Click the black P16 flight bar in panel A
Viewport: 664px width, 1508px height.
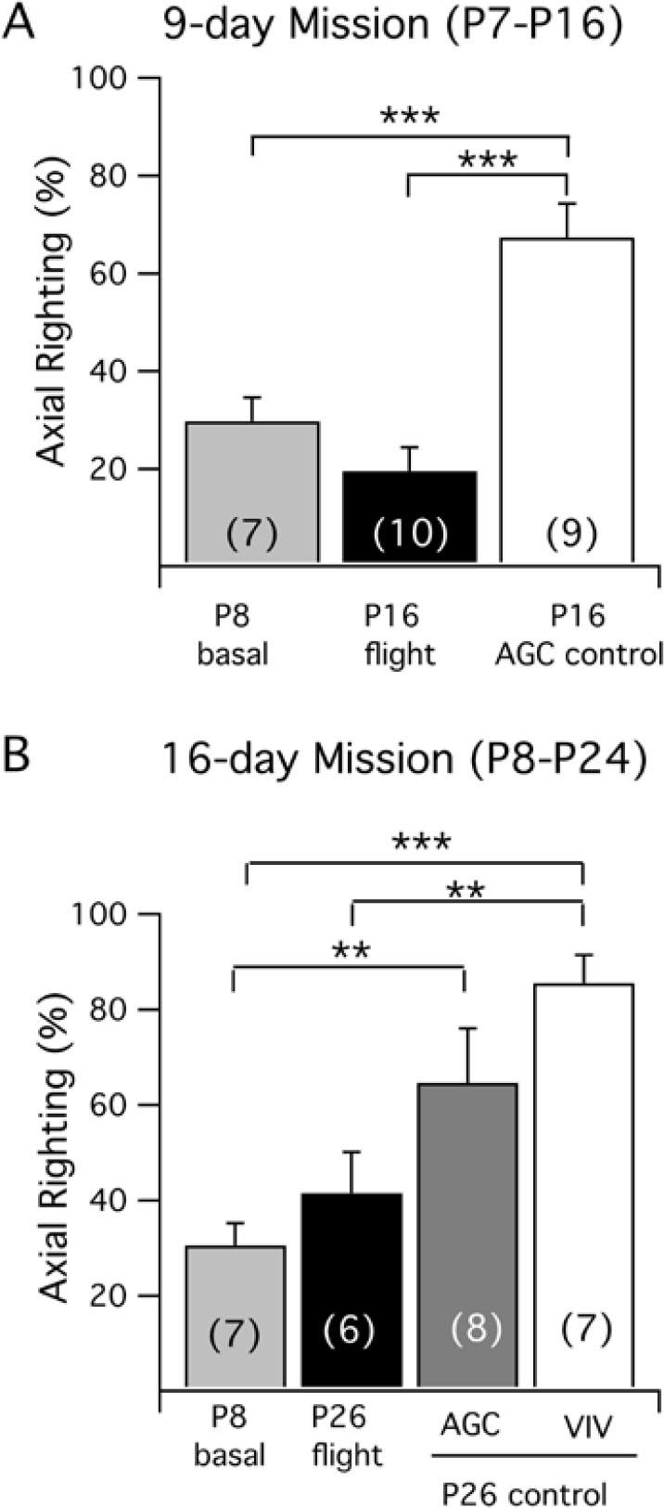click(410, 516)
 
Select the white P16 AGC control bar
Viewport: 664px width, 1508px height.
click(567, 400)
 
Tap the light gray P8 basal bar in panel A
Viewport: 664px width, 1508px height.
click(252, 492)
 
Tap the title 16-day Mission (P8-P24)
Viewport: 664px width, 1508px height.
click(404, 759)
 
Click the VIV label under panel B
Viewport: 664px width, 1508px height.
click(583, 1424)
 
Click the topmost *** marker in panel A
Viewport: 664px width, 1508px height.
click(410, 117)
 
